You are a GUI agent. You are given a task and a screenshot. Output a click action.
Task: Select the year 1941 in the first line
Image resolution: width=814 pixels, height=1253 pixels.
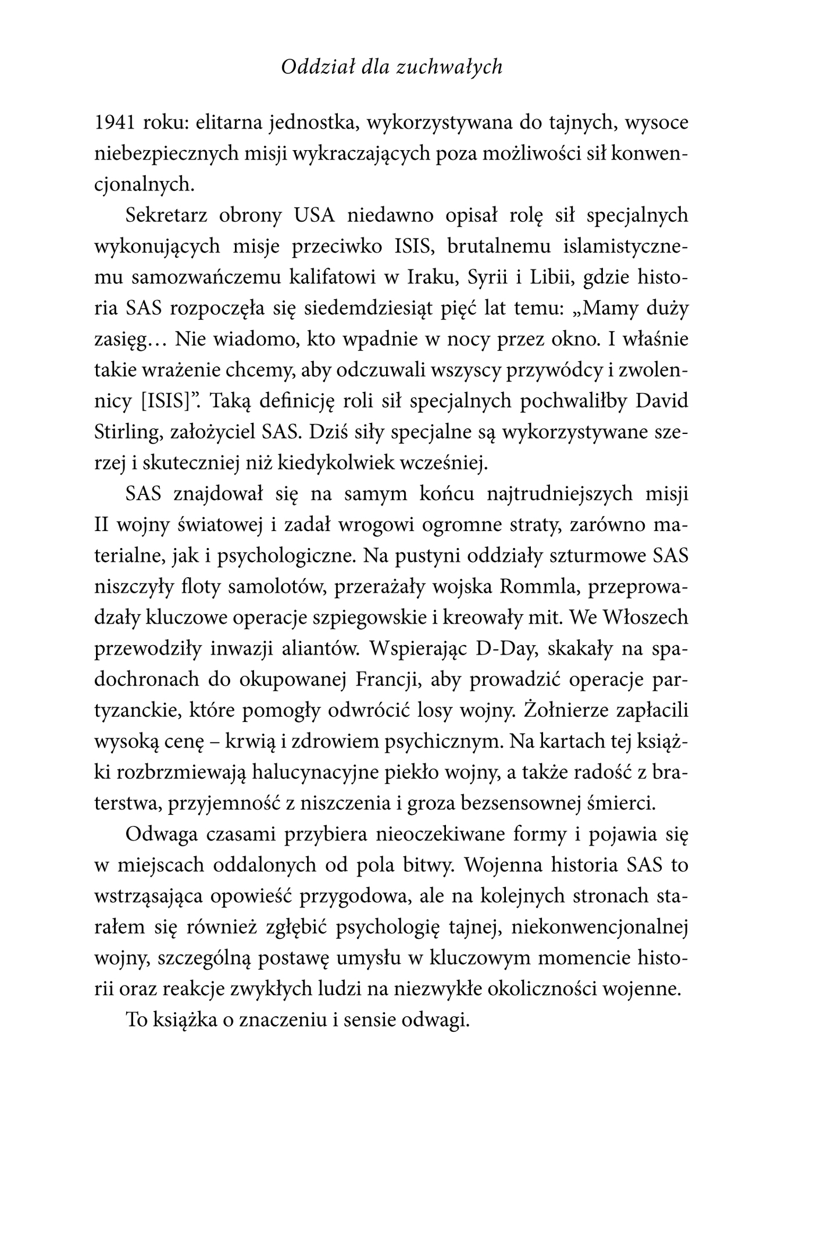[x=115, y=123]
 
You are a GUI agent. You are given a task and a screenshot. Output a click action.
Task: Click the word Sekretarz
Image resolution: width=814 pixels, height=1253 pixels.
[x=166, y=216]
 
